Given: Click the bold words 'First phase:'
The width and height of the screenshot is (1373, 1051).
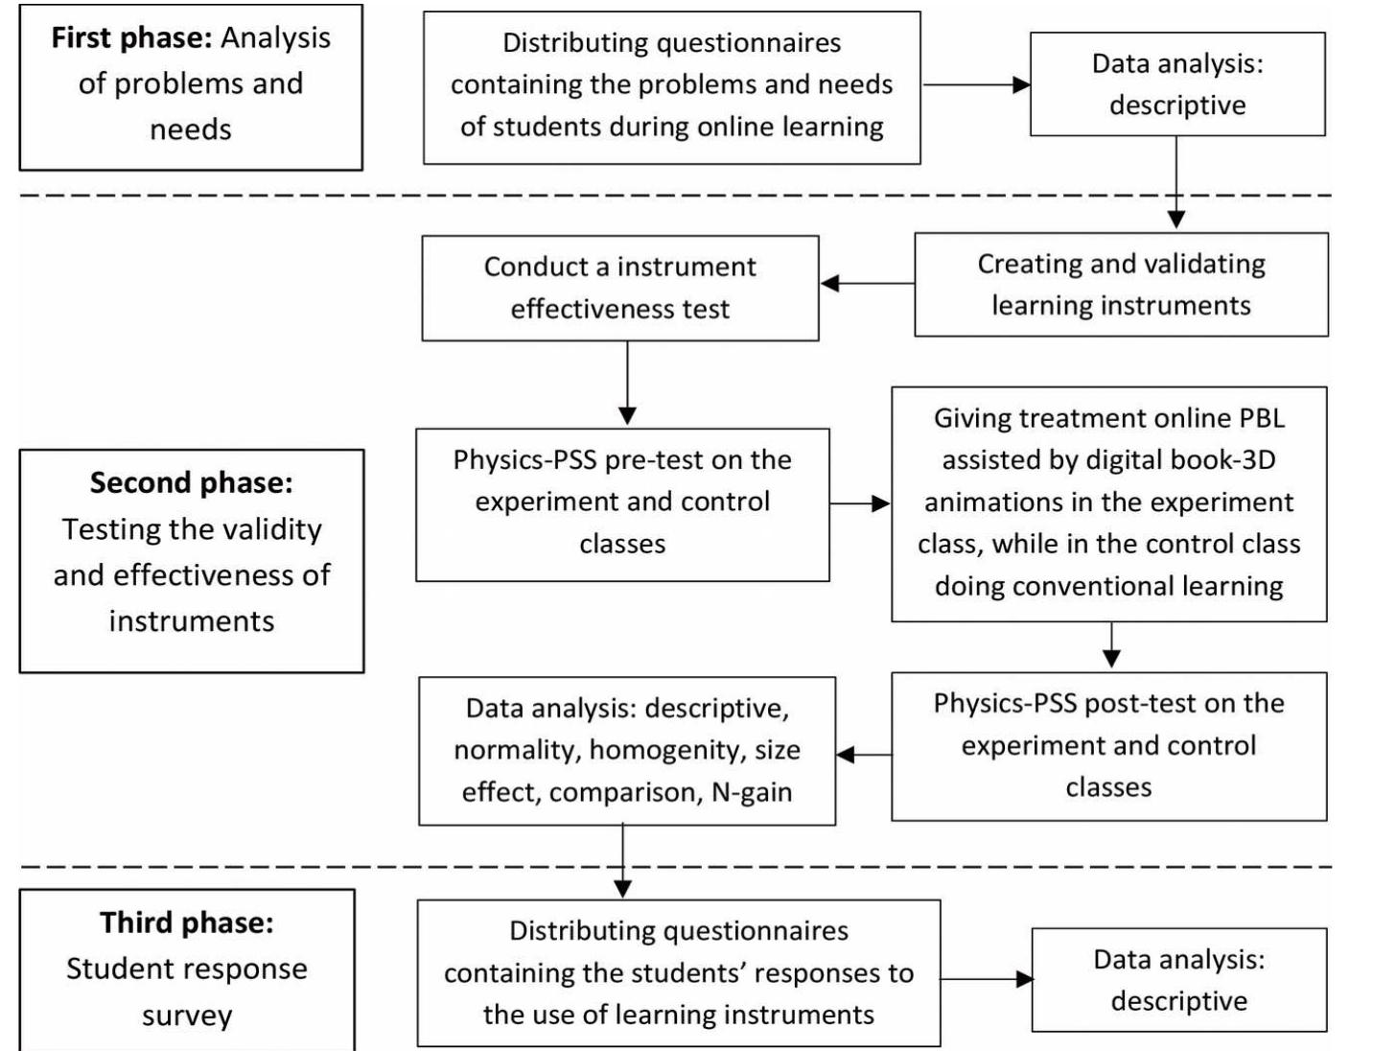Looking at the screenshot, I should (131, 38).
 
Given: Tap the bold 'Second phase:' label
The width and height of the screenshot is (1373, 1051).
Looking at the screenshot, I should (192, 482).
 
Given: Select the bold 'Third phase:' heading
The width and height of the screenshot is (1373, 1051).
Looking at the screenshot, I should (187, 923).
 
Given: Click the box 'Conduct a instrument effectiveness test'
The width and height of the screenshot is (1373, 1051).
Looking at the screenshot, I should (620, 288).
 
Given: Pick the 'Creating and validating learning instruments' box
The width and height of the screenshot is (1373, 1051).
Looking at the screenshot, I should (1121, 284).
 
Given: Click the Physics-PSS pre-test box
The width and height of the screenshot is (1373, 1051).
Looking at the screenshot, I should (622, 502).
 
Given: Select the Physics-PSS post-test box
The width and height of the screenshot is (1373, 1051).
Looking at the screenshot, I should (1108, 745).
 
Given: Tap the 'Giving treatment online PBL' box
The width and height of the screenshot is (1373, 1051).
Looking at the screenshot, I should (1108, 502).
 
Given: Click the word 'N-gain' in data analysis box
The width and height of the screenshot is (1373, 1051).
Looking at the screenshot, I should (752, 793).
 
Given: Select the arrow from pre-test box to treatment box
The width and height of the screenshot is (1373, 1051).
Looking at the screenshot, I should (860, 503).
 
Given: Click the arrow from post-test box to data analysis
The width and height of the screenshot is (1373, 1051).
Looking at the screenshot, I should (864, 755).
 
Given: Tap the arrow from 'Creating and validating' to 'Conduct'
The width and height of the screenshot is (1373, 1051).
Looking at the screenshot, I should (867, 283).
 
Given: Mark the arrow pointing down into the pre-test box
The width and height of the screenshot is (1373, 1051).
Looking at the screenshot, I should (627, 384).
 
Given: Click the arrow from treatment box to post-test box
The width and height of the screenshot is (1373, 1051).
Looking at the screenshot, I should (1111, 646).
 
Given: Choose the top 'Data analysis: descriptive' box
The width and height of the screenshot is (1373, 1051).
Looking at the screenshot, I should (1177, 84).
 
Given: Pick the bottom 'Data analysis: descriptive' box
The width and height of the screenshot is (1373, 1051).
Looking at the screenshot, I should (1179, 979).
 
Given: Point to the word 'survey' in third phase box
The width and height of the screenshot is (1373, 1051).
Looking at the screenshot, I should (187, 1016).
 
